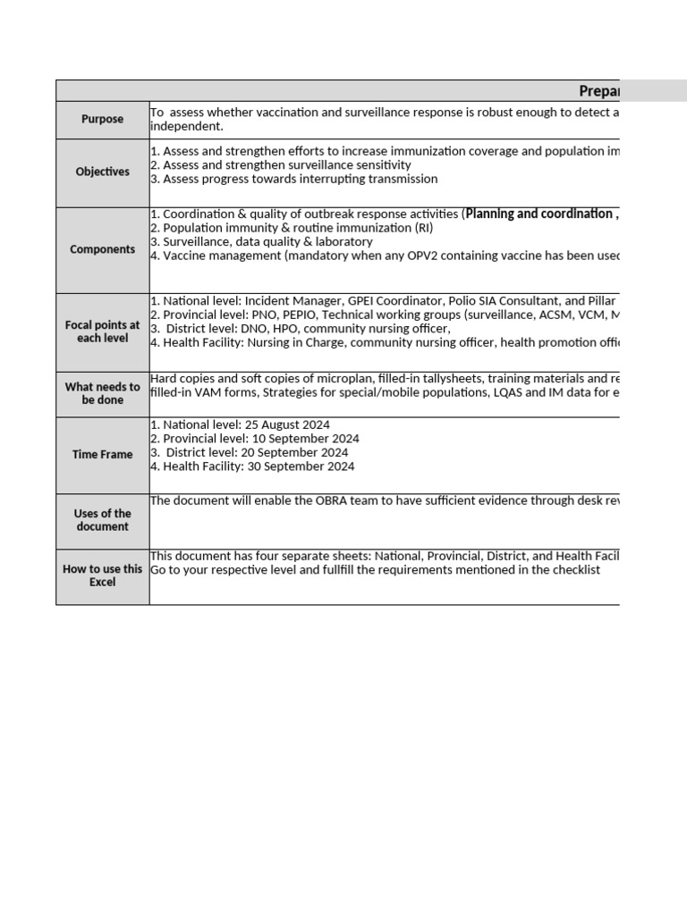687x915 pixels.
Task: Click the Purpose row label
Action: [x=103, y=120]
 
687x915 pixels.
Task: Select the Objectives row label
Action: [x=103, y=172]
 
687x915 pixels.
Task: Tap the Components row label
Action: [x=103, y=250]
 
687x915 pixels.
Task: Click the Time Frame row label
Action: [x=103, y=455]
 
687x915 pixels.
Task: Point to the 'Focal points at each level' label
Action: [x=103, y=332]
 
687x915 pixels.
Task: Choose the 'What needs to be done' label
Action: [x=103, y=394]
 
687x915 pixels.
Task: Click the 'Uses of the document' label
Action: [x=103, y=520]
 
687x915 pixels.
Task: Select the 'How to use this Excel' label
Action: [x=103, y=575]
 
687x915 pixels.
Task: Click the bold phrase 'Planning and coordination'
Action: [x=539, y=214]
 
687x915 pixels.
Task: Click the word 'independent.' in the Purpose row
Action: [x=186, y=127]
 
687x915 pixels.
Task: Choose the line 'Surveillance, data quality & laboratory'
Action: [x=267, y=242]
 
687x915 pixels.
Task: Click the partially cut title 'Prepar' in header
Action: [x=598, y=91]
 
